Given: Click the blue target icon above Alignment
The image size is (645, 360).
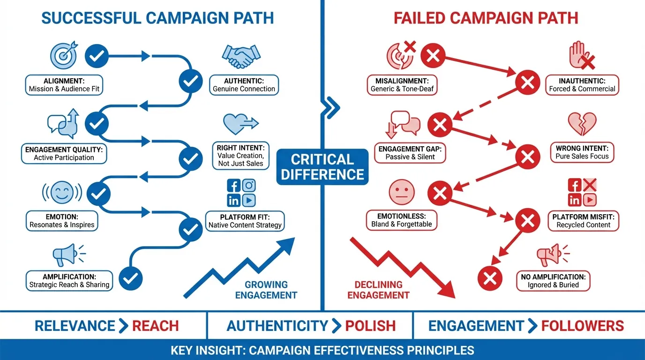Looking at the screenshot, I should point(62,56).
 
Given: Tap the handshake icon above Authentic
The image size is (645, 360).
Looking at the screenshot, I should point(240,57).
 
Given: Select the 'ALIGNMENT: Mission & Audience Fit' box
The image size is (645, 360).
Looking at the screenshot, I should point(64,85).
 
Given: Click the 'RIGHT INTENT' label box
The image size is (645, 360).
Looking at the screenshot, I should point(240,156).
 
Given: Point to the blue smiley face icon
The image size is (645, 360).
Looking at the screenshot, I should point(62,193).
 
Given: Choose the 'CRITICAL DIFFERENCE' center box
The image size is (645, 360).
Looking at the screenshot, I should point(322,167).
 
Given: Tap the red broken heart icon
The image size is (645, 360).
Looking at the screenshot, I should point(582,124).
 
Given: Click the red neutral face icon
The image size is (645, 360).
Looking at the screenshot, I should point(401,193).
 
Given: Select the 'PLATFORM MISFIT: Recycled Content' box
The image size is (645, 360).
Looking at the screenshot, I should point(583,220).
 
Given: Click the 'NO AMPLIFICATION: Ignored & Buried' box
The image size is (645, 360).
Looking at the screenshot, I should point(553,280).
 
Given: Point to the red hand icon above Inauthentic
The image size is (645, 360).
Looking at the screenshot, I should point(580,56).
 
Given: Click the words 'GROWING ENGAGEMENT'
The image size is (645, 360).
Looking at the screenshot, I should point(266,290).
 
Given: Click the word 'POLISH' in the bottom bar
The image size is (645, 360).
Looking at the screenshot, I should point(370,326).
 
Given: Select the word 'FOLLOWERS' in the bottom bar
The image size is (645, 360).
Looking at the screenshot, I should point(582,326).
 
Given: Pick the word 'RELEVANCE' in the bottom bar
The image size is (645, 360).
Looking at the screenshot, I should point(75,326).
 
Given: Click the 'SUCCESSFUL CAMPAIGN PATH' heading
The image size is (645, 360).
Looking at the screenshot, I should point(157,18).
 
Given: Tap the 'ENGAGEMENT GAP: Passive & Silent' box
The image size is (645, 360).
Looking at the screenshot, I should point(410,153).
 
